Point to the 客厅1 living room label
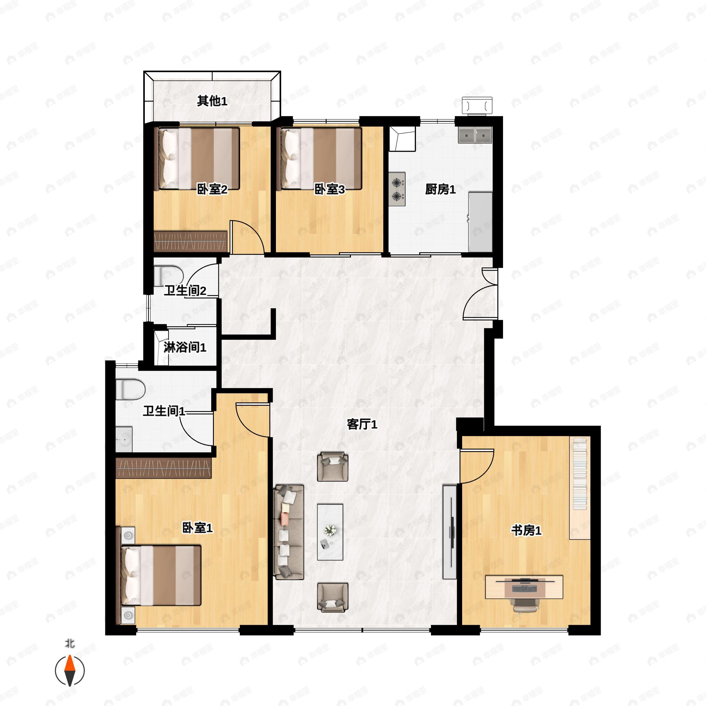point(362,424)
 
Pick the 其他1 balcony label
point(212,101)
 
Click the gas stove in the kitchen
point(397,189)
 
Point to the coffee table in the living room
point(330,532)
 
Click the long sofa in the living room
point(289,532)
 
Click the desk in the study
point(524,587)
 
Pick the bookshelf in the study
point(580,488)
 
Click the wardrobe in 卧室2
point(190,241)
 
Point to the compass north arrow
point(70,671)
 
